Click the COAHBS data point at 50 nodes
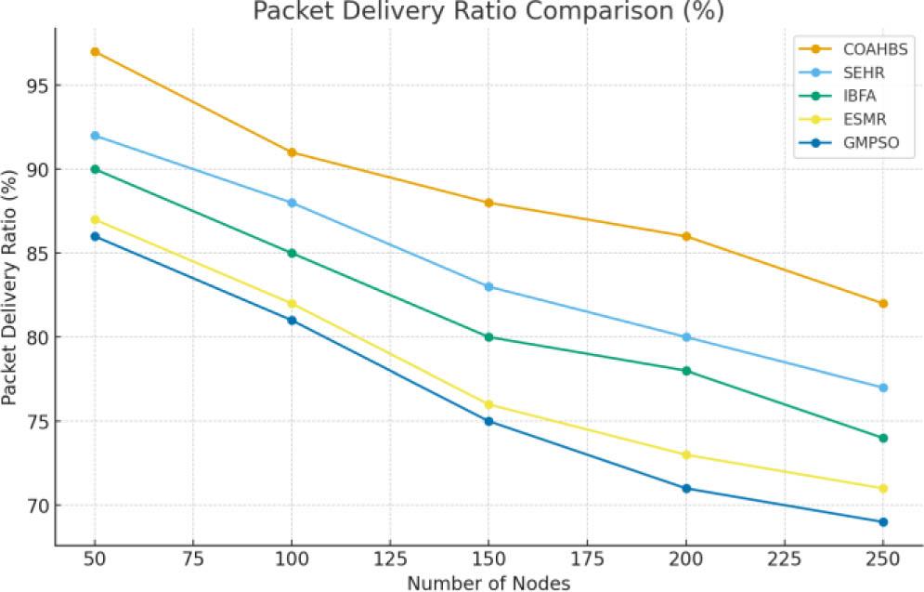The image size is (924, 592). click(x=95, y=51)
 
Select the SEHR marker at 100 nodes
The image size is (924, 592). click(x=292, y=203)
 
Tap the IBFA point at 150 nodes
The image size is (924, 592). click(x=488, y=337)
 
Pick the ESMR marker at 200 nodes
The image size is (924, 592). click(x=686, y=454)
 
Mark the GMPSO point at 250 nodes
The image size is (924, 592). click(x=883, y=522)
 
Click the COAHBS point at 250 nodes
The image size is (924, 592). click(x=883, y=303)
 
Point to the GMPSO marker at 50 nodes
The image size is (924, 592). click(x=95, y=236)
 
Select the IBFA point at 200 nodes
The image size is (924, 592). click(x=686, y=371)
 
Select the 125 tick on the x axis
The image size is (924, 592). click(x=390, y=561)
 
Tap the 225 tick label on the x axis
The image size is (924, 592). click(x=785, y=561)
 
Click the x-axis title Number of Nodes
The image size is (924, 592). click(x=488, y=582)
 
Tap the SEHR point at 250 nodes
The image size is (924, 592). click(x=883, y=388)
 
